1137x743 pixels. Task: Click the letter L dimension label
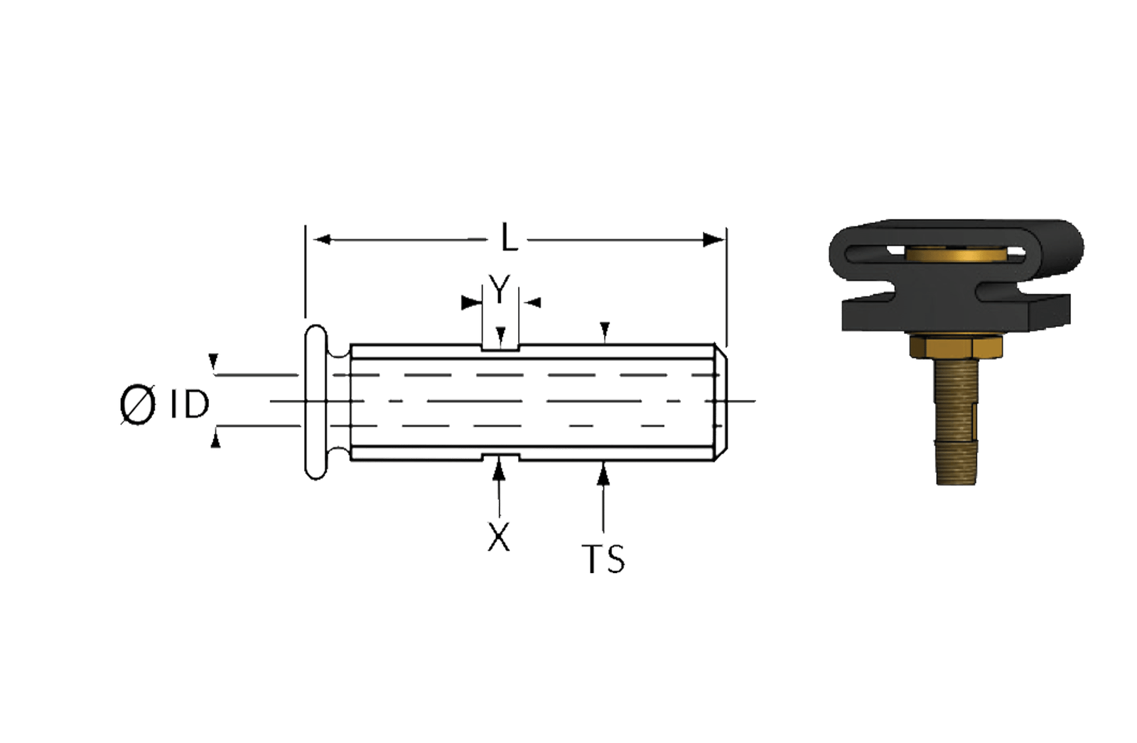(509, 237)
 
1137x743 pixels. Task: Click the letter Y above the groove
(500, 289)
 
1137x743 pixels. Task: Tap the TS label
(603, 559)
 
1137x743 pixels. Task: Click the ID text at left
(190, 404)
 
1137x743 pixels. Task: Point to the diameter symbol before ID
(138, 404)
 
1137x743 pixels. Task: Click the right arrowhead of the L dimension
(713, 239)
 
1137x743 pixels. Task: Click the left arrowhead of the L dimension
(323, 239)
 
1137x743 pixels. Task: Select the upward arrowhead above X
(499, 470)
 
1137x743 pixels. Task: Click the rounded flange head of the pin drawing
(316, 402)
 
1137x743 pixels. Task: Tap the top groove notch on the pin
(500, 347)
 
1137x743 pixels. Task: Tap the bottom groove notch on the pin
(500, 457)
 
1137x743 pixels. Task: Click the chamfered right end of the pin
(721, 403)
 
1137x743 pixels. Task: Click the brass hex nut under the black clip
(955, 347)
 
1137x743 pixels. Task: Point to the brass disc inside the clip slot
(954, 254)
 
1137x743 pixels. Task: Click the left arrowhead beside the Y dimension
(470, 303)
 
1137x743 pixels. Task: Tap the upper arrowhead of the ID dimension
(214, 361)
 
